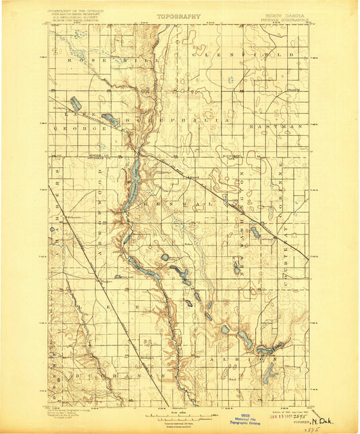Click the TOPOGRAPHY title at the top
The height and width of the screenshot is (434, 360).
tap(179, 15)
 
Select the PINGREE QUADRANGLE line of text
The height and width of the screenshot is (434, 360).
tap(286, 18)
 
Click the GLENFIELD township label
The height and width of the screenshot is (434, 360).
tap(244, 53)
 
